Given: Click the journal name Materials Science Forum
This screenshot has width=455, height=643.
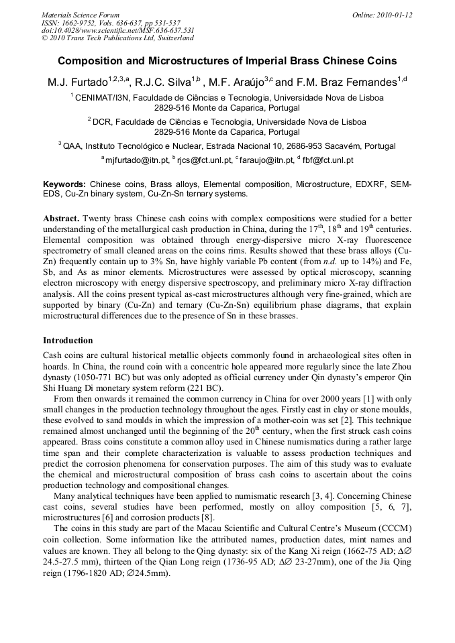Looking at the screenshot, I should click(x=81, y=15).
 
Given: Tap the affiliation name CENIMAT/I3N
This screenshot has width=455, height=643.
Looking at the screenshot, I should click(x=103, y=97).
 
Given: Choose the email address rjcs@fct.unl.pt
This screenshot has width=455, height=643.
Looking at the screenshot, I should click(x=205, y=160).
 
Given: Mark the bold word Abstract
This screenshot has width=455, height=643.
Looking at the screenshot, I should click(x=62, y=219).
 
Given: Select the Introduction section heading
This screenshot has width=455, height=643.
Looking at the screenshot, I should click(x=68, y=341).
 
